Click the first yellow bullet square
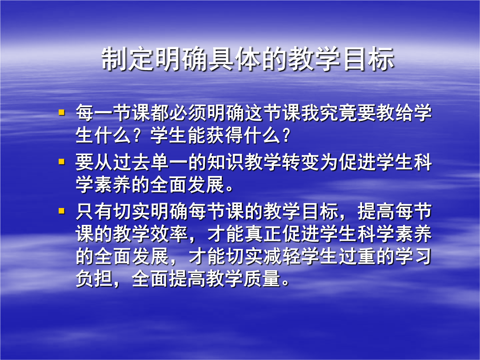click(61, 112)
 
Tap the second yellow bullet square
click(61, 161)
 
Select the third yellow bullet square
click(61, 211)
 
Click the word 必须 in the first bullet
click(188, 112)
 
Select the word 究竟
click(338, 112)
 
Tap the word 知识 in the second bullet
click(225, 162)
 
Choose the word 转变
click(300, 162)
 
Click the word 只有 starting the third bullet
click(94, 211)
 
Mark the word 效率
click(169, 234)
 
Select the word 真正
click(263, 234)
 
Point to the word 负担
click(94, 279)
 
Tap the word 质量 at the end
click(262, 279)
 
